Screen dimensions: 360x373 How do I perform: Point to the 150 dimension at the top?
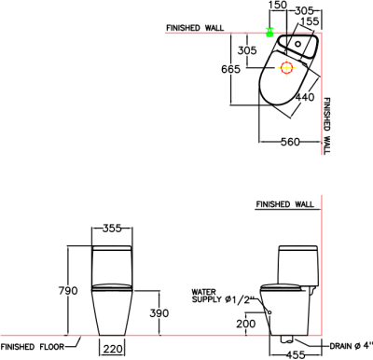pyautogui.click(x=278, y=6)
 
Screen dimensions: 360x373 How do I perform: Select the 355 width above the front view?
pyautogui.click(x=113, y=228)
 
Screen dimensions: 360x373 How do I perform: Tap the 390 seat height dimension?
pyautogui.click(x=159, y=313)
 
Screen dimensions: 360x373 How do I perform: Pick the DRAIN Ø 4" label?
pyautogui.click(x=350, y=347)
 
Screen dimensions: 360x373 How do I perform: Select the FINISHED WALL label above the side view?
pyautogui.click(x=285, y=202)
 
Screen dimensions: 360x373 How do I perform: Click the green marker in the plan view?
pyautogui.click(x=269, y=33)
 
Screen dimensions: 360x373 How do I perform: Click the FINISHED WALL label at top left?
pyautogui.click(x=196, y=27)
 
